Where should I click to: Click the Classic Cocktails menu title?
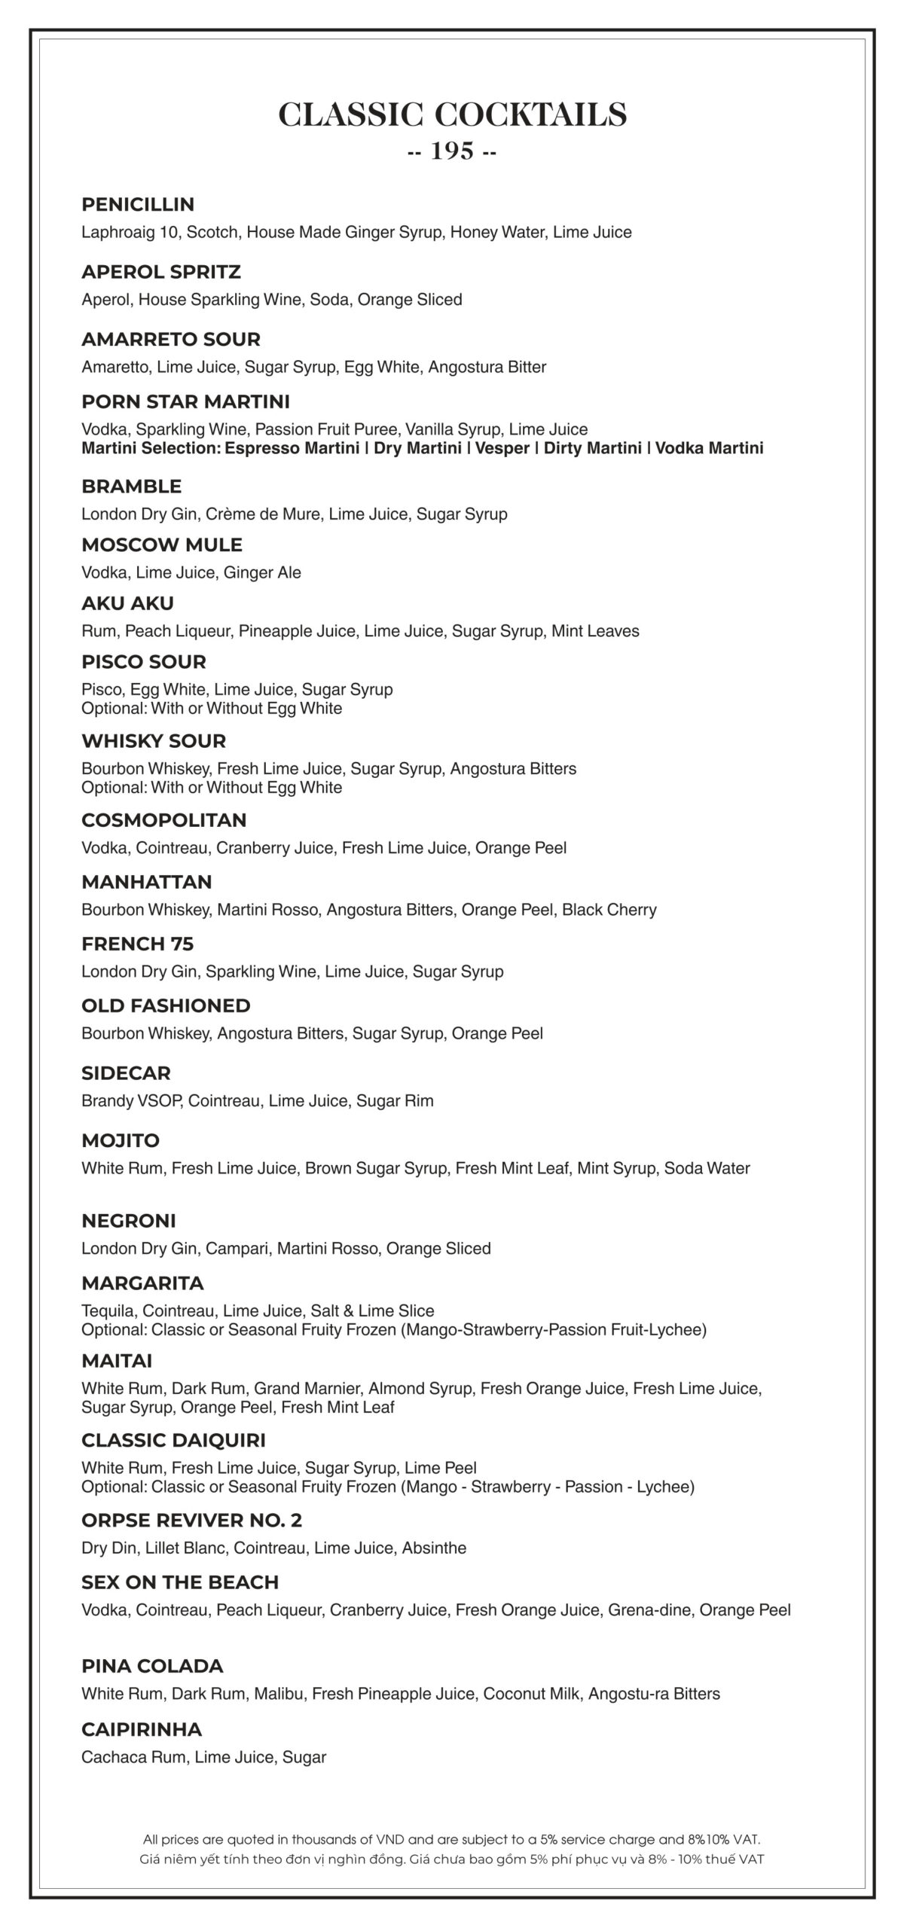point(452,115)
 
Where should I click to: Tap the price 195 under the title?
point(452,152)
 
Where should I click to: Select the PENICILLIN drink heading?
point(138,205)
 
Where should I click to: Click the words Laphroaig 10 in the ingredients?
point(130,232)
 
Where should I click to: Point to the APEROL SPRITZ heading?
point(161,272)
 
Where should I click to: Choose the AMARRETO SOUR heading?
point(171,340)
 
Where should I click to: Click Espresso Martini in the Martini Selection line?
point(292,449)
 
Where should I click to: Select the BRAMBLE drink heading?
point(132,487)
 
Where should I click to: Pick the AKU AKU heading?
point(127,604)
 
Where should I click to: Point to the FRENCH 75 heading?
point(138,944)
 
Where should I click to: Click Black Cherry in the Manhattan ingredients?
point(609,910)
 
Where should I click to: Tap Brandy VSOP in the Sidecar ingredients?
point(131,1101)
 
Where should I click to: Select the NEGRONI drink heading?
point(129,1221)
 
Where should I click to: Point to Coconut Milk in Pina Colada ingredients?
point(532,1694)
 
